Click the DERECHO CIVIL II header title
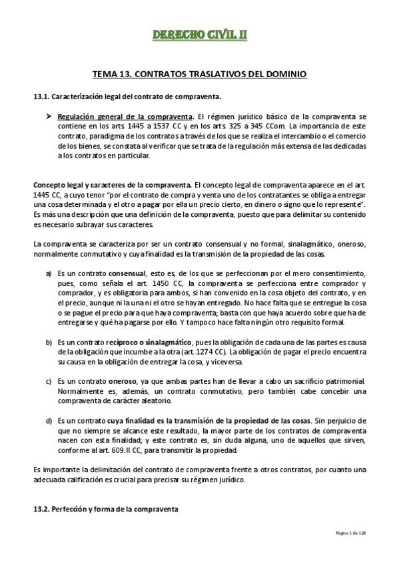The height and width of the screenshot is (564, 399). tap(199, 34)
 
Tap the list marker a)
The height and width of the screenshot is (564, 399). tap(49, 273)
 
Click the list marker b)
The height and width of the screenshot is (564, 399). tap(49, 342)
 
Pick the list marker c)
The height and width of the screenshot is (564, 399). tap(49, 381)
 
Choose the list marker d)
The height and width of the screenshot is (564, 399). tap(49, 421)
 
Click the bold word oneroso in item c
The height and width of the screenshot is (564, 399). tap(122, 381)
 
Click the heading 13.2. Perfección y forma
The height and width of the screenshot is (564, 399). tap(105, 509)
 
